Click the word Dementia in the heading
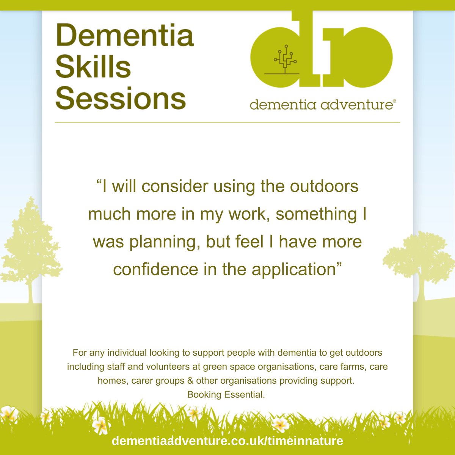tap(125, 35)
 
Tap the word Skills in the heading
tap(93, 67)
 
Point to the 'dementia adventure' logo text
tap(321, 104)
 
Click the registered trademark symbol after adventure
tap(394, 101)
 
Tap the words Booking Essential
tap(226, 394)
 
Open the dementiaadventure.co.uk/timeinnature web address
tap(227, 441)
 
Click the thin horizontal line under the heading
tap(227, 122)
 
